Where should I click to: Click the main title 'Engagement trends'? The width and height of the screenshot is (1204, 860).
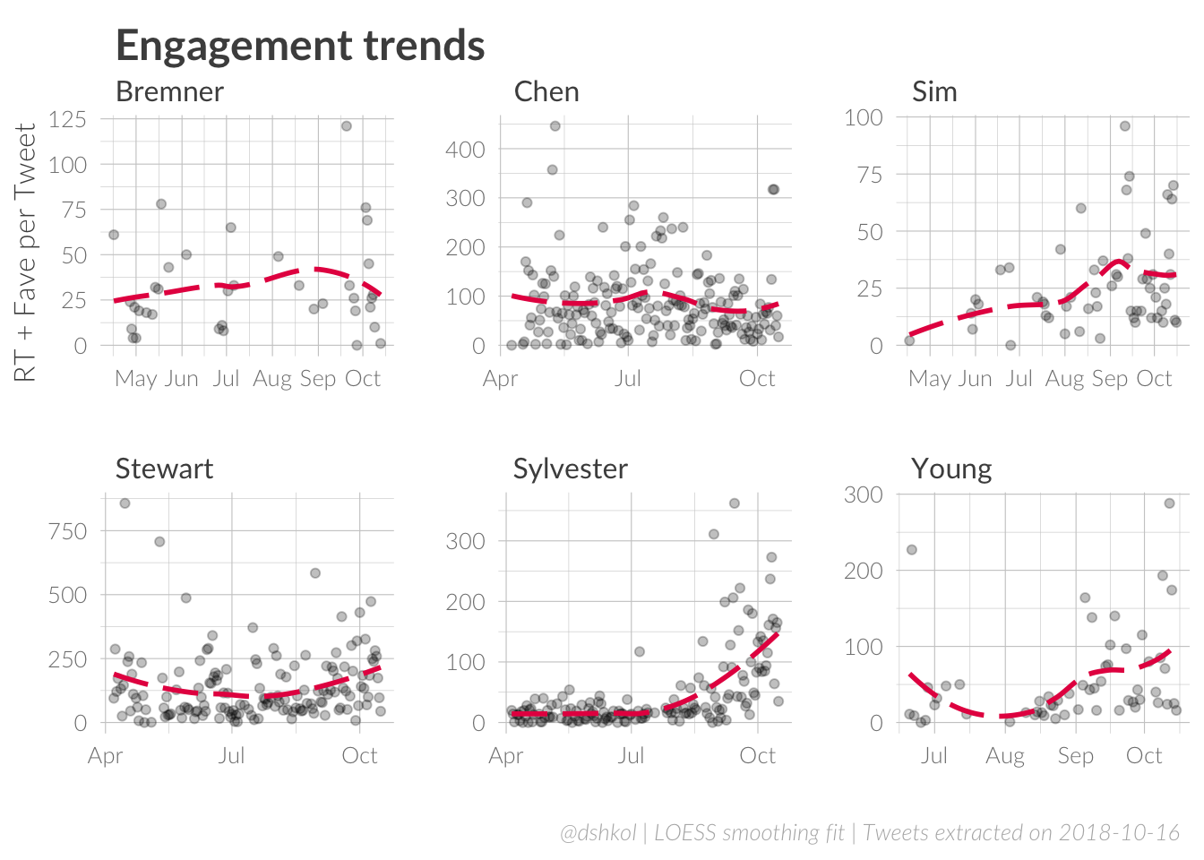[x=300, y=46]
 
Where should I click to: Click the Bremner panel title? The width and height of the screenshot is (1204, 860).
[x=169, y=91]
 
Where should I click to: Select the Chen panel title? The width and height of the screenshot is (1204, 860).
[x=546, y=91]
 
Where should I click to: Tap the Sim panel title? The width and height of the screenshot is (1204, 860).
[x=934, y=91]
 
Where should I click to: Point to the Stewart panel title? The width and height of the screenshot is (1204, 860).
[x=164, y=469]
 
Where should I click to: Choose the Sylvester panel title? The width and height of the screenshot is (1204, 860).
[x=570, y=469]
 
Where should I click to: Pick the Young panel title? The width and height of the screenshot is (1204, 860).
[x=951, y=469]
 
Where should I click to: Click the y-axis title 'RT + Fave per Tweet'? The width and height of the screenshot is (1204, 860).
[x=25, y=253]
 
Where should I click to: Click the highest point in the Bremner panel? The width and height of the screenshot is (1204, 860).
[x=347, y=126]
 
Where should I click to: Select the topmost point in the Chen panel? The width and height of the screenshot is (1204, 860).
[x=555, y=126]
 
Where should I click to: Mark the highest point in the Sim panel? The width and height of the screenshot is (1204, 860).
[x=1125, y=126]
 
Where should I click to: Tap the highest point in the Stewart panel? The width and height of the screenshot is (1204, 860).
[x=125, y=503]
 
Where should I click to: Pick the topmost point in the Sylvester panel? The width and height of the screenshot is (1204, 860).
[x=735, y=503]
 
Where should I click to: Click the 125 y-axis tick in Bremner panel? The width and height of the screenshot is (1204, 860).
[x=67, y=119]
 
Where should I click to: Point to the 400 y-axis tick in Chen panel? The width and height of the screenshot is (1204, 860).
[x=465, y=150]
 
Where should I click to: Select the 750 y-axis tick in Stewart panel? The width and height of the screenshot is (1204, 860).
[x=67, y=531]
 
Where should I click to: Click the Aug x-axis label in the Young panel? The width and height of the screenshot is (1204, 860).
[x=1005, y=756]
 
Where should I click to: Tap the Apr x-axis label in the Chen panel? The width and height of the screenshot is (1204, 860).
[x=500, y=379]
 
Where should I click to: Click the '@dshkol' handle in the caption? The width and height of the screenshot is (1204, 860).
[x=598, y=833]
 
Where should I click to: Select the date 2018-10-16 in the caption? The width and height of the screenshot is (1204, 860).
[x=1119, y=833]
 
